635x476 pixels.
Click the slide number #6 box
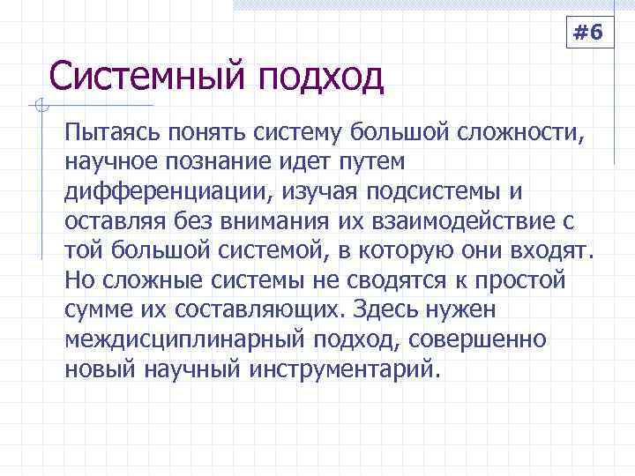[x=588, y=33]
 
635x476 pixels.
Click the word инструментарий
[x=336, y=368]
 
